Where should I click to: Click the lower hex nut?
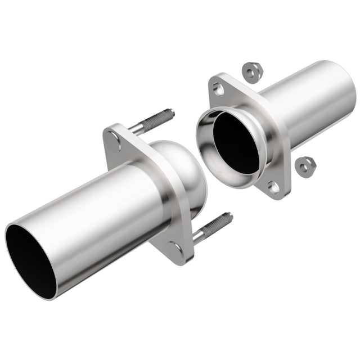point(306,164)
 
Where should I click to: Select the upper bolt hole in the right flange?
point(219,89)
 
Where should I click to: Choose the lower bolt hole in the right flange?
point(274,187)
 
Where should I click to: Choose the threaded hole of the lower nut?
point(306,164)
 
